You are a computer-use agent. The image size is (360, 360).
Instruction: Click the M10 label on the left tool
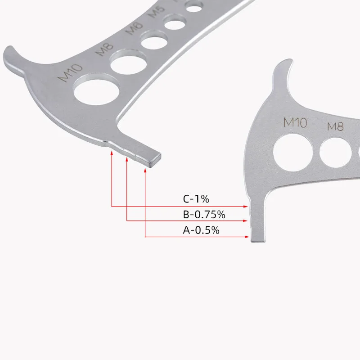[x=70, y=72]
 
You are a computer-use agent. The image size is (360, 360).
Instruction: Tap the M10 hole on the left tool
[x=96, y=92]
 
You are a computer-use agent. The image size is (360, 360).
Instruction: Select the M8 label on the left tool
[x=104, y=50]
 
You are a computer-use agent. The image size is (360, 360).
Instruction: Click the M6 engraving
[x=134, y=28]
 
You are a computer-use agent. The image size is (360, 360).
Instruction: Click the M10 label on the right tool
[x=295, y=122]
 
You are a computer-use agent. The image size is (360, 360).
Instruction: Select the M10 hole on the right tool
[x=293, y=153]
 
